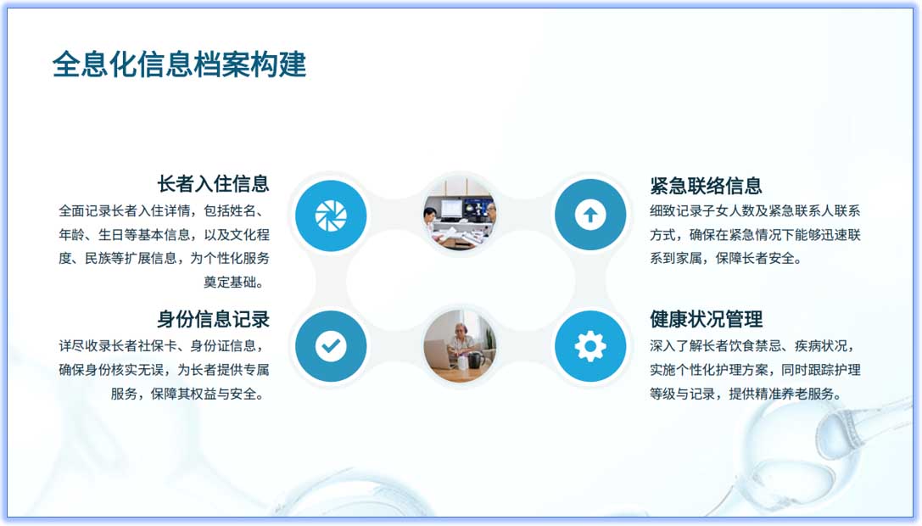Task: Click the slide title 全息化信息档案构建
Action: [179, 64]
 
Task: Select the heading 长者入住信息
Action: [213, 183]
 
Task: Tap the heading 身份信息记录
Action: [213, 319]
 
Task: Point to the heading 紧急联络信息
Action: [706, 186]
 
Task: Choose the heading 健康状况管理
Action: [706, 319]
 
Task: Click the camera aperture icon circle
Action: [331, 215]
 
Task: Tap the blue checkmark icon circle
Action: [331, 346]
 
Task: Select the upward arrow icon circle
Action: [590, 215]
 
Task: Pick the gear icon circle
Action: [590, 346]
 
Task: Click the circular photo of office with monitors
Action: [460, 215]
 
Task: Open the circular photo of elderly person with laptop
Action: [460, 346]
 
